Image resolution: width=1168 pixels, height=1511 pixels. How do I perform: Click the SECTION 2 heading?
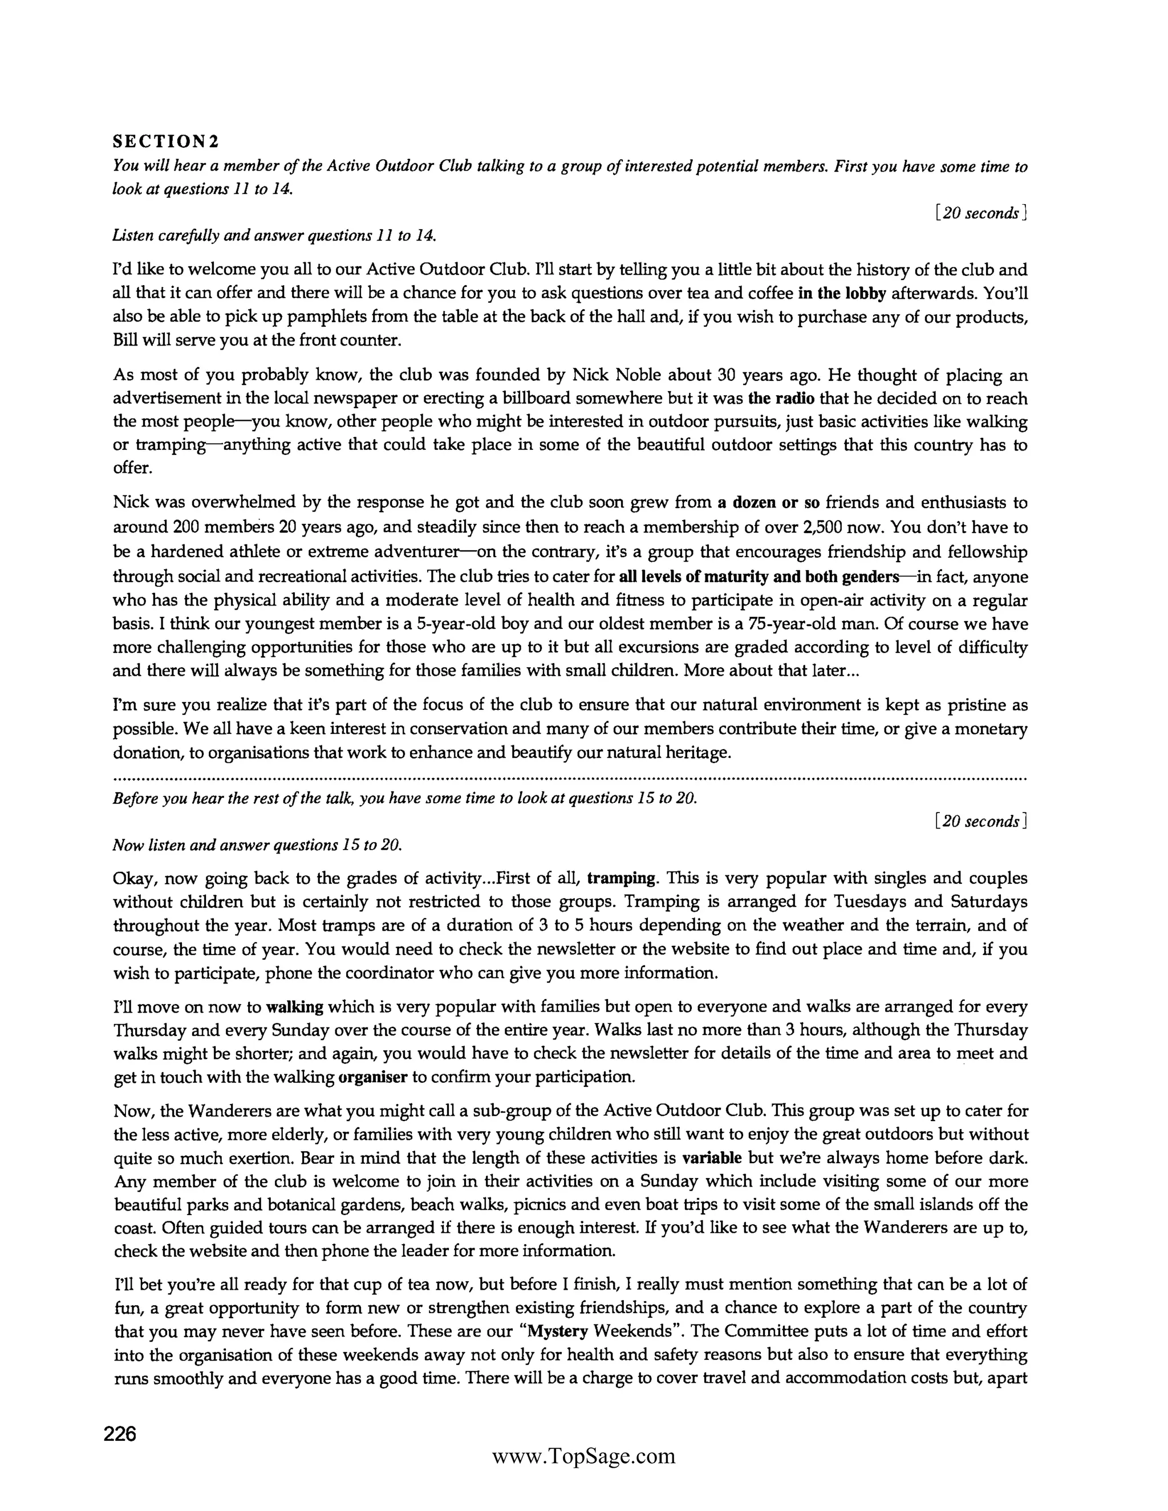click(165, 142)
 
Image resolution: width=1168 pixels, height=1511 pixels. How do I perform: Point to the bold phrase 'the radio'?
click(781, 399)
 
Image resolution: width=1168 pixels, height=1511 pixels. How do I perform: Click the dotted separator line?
click(570, 778)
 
